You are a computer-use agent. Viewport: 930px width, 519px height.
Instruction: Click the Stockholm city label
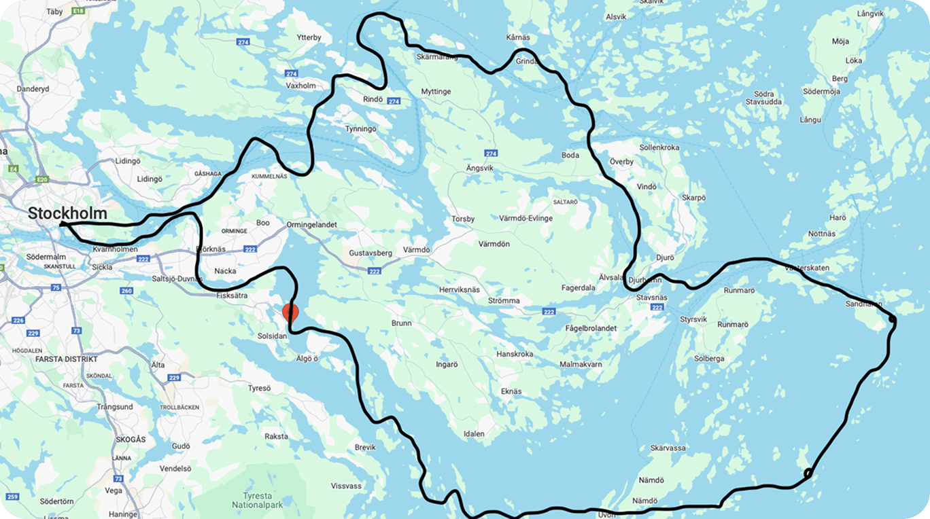67,213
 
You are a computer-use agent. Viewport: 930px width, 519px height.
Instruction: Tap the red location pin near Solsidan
290,314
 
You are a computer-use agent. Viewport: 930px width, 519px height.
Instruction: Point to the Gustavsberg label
371,253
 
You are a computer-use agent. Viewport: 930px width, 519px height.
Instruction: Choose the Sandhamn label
863,304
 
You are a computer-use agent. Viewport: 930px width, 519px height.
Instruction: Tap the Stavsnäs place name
652,298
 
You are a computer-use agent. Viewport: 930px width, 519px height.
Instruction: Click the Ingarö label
447,364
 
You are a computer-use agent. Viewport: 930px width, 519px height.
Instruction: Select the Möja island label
840,41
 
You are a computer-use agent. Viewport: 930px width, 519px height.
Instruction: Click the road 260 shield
126,291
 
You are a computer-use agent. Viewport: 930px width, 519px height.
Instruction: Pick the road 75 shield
56,288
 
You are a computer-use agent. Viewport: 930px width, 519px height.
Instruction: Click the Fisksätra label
232,296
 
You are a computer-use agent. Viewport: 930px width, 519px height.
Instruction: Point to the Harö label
838,217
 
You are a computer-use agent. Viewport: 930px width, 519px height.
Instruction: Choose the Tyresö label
259,388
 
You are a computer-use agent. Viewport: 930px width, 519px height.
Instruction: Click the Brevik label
365,447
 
